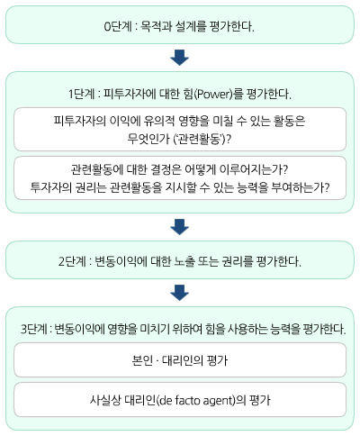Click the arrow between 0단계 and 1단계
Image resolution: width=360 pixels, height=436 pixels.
179,57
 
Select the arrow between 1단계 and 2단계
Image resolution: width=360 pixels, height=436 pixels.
179,227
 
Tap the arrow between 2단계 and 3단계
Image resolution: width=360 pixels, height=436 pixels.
179,293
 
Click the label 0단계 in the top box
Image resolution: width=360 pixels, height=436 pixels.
118,26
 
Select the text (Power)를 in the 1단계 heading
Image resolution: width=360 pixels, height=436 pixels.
218,95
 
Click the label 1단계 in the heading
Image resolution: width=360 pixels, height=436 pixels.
81,95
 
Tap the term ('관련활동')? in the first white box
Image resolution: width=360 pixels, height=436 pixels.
202,139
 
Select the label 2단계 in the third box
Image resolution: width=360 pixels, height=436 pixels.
72,261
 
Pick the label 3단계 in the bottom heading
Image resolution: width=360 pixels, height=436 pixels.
33,329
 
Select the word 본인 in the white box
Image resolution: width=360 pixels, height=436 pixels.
142,360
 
